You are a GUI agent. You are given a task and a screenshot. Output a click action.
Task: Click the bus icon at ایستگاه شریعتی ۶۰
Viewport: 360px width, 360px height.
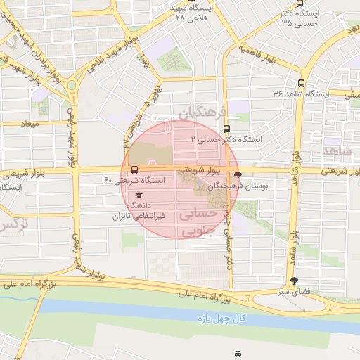134,169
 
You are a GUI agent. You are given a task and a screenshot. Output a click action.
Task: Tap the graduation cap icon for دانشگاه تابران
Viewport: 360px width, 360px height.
139,194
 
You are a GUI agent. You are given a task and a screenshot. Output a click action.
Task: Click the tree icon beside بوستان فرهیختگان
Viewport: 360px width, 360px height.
238,175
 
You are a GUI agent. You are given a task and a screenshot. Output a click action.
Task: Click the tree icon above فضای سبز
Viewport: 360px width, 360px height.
303,281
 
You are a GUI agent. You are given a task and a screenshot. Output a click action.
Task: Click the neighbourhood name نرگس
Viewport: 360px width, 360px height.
14,225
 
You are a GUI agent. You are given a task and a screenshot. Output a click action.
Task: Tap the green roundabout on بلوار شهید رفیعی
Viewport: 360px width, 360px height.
72,85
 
